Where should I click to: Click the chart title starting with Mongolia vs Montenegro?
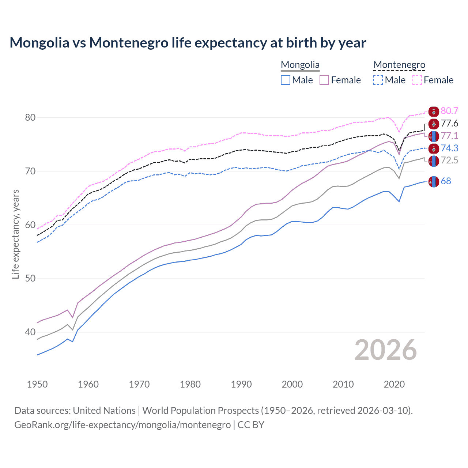coord(188,43)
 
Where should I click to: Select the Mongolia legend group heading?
coord(300,65)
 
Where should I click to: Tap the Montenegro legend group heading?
coord(399,65)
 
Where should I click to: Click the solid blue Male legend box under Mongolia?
coord(286,80)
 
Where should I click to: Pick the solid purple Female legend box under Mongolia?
coord(325,80)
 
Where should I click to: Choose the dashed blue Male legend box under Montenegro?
coord(378,80)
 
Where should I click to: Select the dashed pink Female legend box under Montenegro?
coord(417,80)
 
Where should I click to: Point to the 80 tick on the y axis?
coord(30,117)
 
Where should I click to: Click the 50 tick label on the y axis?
coord(30,279)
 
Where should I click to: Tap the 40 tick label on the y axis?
coord(30,332)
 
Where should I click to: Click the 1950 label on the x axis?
coord(37,384)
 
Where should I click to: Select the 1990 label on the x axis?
coord(241,384)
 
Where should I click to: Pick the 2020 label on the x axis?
coord(394,384)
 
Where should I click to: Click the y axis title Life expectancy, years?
coord(15,234)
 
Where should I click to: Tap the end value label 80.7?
coord(449,111)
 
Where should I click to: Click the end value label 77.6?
coord(449,124)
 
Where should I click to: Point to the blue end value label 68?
coord(446,181)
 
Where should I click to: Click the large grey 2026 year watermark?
coord(386,350)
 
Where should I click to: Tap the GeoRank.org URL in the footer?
coord(122,425)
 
